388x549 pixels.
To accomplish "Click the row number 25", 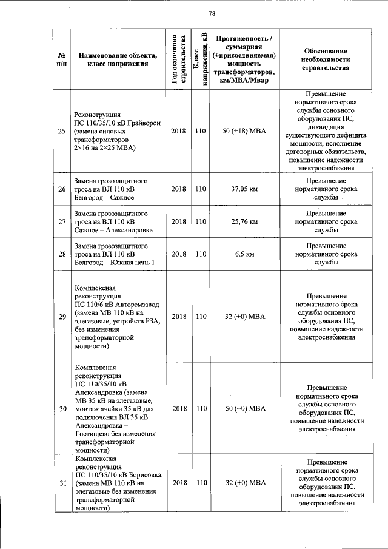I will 61,131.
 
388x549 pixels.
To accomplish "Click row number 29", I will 61,317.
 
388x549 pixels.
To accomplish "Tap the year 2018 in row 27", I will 178,222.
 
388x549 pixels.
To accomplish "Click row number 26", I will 61,189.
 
